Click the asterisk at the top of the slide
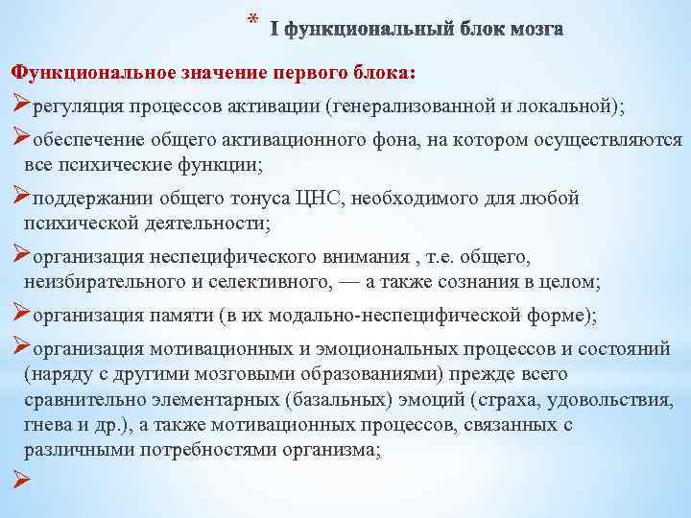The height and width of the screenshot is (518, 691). (252, 19)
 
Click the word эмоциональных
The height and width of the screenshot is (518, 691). (369, 350)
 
